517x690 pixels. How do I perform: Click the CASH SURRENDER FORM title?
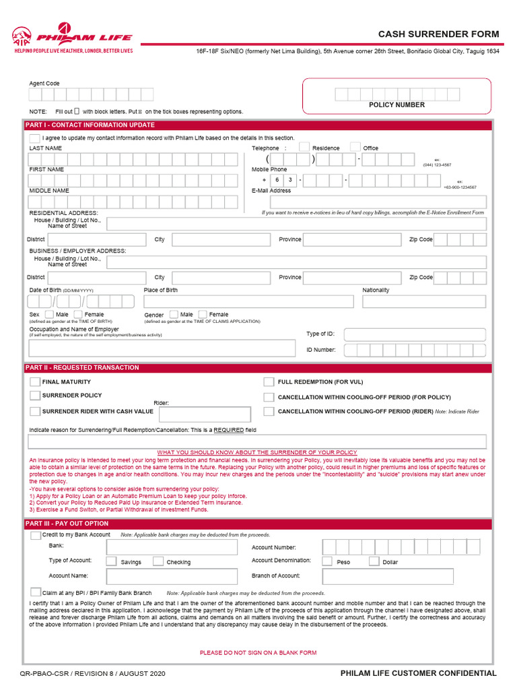click(x=438, y=34)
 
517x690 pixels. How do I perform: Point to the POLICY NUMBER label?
click(x=397, y=105)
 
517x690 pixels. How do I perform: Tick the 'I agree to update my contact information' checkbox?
click(x=34, y=137)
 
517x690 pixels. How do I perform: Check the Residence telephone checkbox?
click(x=304, y=148)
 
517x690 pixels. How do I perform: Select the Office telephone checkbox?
click(x=355, y=148)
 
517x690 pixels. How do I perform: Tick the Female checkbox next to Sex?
click(x=78, y=314)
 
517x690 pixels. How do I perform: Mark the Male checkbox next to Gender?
click(x=174, y=314)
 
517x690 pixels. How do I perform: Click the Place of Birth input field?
click(x=248, y=301)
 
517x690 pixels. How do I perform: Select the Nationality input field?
click(x=423, y=301)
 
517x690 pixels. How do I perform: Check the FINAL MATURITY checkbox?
click(x=35, y=381)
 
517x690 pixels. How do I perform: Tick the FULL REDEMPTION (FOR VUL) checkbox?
click(x=269, y=381)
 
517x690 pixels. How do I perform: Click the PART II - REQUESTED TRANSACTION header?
click(x=82, y=368)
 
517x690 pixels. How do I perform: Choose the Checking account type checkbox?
click(x=158, y=561)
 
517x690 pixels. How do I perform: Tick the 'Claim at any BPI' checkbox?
click(x=35, y=592)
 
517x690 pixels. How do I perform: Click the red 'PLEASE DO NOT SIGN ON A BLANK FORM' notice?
click(x=258, y=652)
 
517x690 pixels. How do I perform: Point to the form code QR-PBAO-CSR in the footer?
click(x=45, y=673)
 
